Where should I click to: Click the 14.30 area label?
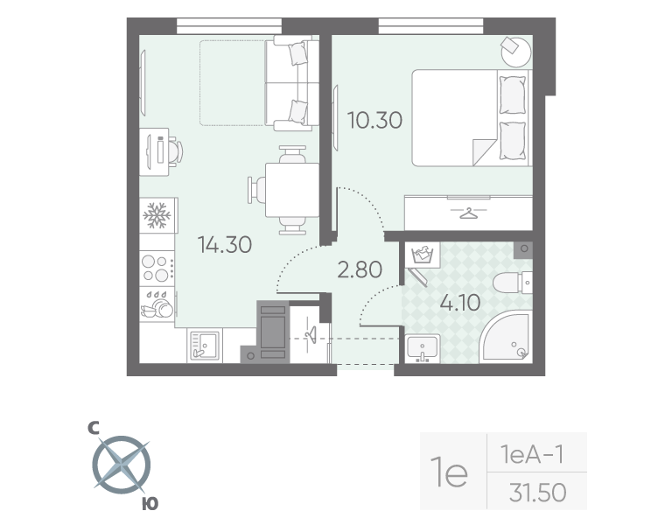point(224,245)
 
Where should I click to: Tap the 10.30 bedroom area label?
point(374,120)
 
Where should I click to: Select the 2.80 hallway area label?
point(359,269)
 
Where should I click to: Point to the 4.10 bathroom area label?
point(459,303)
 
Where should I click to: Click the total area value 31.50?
point(537,493)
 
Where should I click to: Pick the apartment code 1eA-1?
point(530,454)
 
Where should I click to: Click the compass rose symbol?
point(121,465)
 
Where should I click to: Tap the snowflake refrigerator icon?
point(157,214)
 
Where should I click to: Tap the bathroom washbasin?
point(423,347)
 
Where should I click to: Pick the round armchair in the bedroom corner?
point(514,51)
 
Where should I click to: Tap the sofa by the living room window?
point(291,82)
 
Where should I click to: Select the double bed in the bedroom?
point(471,117)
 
